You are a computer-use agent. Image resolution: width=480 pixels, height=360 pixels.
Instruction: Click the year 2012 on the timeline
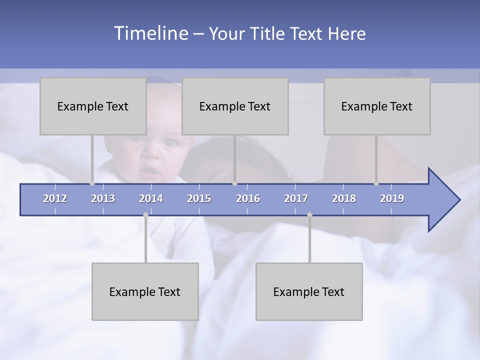coord(55,198)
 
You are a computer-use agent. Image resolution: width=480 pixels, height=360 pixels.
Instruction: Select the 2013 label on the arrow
coord(103,198)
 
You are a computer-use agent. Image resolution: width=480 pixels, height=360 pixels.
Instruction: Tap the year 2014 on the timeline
coord(151,198)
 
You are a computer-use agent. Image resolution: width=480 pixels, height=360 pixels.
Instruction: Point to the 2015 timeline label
coord(199,198)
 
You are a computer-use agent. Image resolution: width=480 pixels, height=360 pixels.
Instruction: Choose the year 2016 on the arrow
coord(248,198)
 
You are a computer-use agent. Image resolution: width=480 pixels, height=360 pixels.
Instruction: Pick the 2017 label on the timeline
coord(296,198)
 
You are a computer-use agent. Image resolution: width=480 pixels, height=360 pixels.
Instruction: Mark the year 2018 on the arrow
coord(344,198)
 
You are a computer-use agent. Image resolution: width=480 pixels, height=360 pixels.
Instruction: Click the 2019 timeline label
coord(392,198)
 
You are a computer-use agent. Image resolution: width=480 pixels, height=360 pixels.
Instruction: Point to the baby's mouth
coord(149,173)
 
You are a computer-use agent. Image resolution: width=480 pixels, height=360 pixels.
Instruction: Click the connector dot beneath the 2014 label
coord(145,215)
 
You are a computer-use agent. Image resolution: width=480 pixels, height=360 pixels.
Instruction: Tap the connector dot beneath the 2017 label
coord(309,215)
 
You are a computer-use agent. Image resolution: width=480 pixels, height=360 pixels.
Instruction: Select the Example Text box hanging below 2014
coord(145,291)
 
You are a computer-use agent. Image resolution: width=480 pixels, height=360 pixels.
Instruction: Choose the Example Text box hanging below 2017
coord(309,291)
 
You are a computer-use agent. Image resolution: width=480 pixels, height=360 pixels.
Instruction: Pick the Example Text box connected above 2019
coord(377,106)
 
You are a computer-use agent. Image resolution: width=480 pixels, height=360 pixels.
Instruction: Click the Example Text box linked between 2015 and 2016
coord(235,106)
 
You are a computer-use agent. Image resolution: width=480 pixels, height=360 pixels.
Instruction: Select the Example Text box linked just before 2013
coord(93,106)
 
